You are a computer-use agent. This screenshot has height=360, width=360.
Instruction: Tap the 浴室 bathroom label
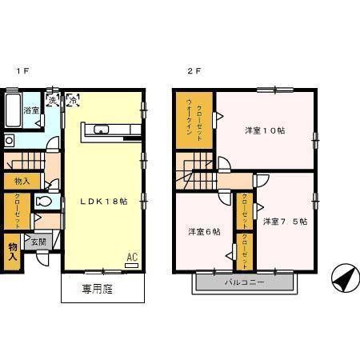point(30,110)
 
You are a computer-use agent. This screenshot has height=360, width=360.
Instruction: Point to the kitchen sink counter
point(110,130)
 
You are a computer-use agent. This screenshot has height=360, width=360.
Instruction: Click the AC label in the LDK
point(132,258)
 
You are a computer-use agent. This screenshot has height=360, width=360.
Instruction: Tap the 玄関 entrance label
point(38,241)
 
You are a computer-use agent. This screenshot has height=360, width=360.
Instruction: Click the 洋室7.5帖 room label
point(284,221)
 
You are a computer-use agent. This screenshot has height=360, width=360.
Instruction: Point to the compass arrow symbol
point(342,278)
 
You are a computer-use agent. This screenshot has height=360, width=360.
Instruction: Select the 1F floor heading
point(24,71)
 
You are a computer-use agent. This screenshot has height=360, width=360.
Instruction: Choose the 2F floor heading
point(194,71)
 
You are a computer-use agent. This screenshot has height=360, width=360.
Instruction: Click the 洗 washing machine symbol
point(53,101)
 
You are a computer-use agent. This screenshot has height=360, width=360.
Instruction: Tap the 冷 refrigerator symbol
point(72,101)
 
